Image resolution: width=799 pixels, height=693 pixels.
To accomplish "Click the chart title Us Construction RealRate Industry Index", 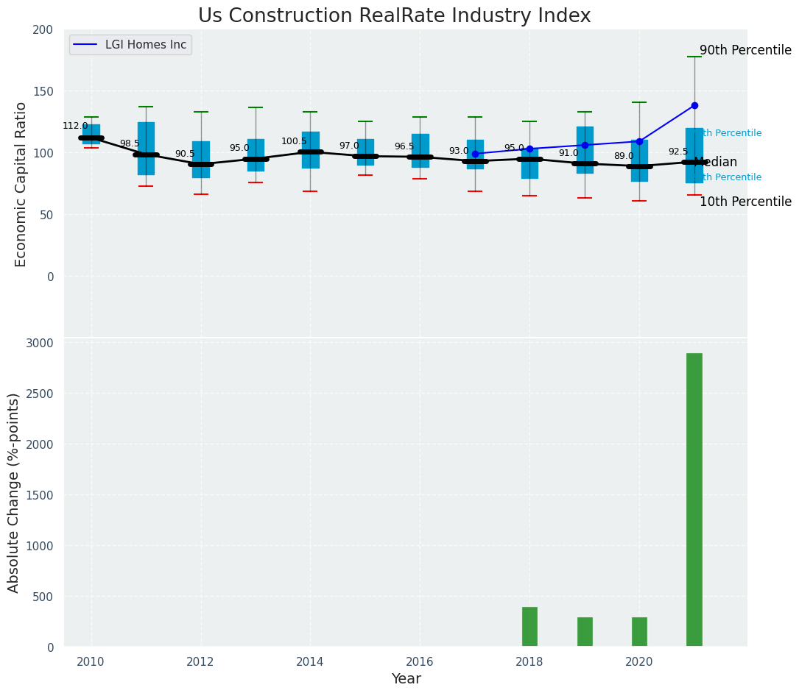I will pyautogui.click(x=394, y=16).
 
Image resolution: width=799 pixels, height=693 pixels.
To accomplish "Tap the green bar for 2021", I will pyautogui.click(x=694, y=500).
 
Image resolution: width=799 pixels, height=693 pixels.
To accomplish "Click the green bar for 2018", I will pyautogui.click(x=529, y=627).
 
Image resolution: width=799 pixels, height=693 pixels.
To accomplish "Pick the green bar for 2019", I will pyautogui.click(x=585, y=632).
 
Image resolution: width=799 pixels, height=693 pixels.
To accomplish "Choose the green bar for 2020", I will pyautogui.click(x=639, y=632).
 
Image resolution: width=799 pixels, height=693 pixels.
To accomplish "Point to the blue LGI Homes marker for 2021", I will pyautogui.click(x=694, y=106).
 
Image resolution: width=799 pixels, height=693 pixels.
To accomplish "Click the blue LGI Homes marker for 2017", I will pyautogui.click(x=475, y=154).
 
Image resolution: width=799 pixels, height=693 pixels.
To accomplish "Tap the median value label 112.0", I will pyautogui.click(x=75, y=126).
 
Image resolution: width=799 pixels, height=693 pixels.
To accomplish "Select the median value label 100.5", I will pyautogui.click(x=294, y=141).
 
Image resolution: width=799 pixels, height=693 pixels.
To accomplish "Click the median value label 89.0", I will pyautogui.click(x=624, y=156).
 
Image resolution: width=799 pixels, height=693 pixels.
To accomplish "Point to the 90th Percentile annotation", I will pyautogui.click(x=745, y=51).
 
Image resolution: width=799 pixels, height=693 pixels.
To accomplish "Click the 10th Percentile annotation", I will pyautogui.click(x=745, y=202).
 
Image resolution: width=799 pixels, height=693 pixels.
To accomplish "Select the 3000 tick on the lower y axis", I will pyautogui.click(x=41, y=344).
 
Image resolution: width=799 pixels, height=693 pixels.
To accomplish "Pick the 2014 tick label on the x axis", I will pyautogui.click(x=310, y=661).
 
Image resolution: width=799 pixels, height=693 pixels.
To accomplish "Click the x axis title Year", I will pyautogui.click(x=406, y=679).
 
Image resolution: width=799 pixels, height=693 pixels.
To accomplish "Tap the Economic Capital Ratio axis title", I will pyautogui.click(x=21, y=184).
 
